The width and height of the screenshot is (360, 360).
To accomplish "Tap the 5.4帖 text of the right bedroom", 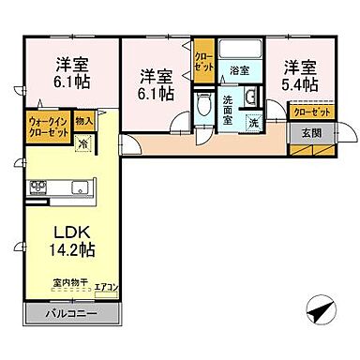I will tap(300, 83).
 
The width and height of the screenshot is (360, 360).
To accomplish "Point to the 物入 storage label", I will tap(84, 121).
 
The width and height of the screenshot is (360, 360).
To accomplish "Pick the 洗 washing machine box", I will tap(253, 121).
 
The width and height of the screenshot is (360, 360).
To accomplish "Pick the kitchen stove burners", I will tap(39, 186).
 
